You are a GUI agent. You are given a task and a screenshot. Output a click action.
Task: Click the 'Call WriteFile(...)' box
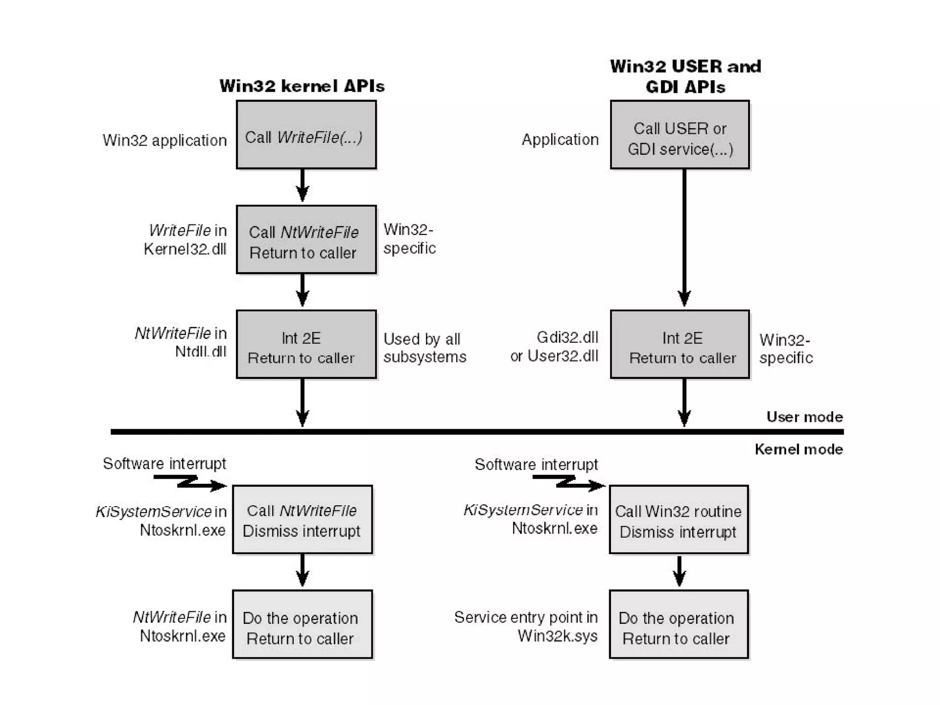[x=306, y=135]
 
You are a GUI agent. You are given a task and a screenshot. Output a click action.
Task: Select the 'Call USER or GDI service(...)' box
[x=680, y=135]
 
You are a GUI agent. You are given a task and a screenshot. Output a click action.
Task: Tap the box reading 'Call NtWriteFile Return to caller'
[x=306, y=240]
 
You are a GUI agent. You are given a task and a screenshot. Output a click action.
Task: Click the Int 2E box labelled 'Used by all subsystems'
[x=306, y=344]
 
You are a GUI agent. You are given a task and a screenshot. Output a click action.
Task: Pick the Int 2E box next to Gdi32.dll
[x=680, y=344]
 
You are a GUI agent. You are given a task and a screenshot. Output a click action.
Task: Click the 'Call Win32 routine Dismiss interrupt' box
[x=679, y=520]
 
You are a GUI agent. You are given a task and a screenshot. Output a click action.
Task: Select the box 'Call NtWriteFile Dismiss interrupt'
[x=302, y=520]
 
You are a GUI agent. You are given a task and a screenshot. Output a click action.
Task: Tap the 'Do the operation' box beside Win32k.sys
[x=679, y=624]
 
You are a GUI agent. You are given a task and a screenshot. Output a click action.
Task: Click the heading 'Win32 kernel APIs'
[x=302, y=86]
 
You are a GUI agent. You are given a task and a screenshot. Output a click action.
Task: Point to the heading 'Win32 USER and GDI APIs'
[x=685, y=76]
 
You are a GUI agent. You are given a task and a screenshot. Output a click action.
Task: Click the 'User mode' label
[x=805, y=417]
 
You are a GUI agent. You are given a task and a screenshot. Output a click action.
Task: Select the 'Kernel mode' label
[x=799, y=449]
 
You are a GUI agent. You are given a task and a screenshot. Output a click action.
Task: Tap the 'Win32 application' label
[x=164, y=140]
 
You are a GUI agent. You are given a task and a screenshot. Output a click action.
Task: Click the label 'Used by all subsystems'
[x=425, y=348]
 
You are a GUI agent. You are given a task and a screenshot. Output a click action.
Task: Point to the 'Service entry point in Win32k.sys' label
[x=526, y=626]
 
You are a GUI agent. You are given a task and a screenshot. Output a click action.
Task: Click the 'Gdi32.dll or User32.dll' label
[x=554, y=347]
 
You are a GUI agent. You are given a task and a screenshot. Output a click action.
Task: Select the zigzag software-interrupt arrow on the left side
[x=189, y=482]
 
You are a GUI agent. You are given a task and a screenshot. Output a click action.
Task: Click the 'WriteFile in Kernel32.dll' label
[x=185, y=239]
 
